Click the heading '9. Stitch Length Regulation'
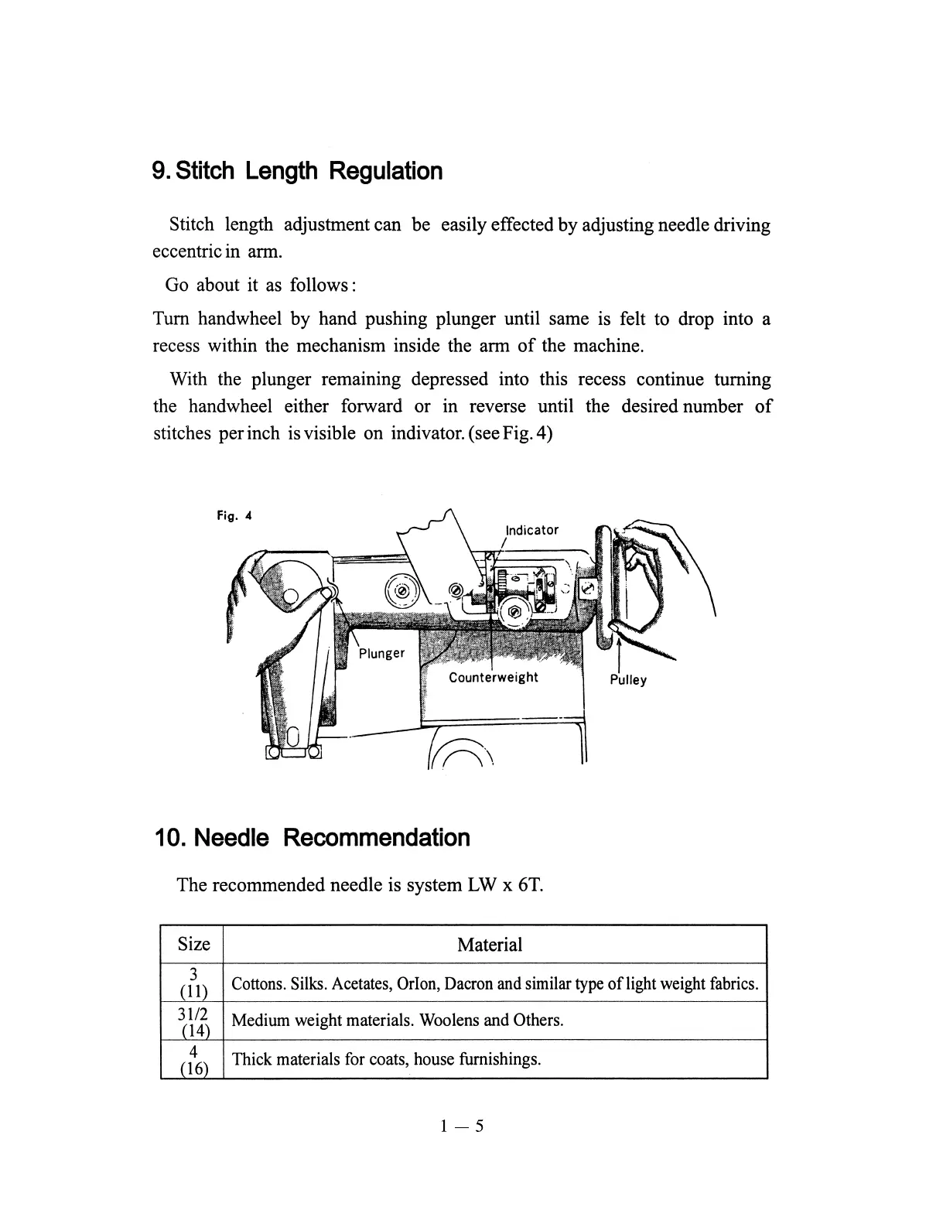(x=298, y=170)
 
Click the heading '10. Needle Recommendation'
(x=313, y=837)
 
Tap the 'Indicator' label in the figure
(x=531, y=530)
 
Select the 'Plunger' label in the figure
(x=381, y=653)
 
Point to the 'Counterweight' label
(x=493, y=677)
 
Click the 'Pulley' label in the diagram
(x=627, y=680)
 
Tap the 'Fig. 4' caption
(x=234, y=515)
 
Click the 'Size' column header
(x=193, y=944)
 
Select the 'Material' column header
(x=490, y=944)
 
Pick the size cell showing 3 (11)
(x=193, y=983)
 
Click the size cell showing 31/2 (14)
(x=193, y=1021)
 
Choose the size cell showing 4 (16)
(x=193, y=1059)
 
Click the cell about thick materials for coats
(x=386, y=1059)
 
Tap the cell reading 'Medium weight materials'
(x=397, y=1021)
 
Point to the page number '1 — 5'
(x=462, y=1126)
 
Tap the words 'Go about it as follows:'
(x=260, y=285)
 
